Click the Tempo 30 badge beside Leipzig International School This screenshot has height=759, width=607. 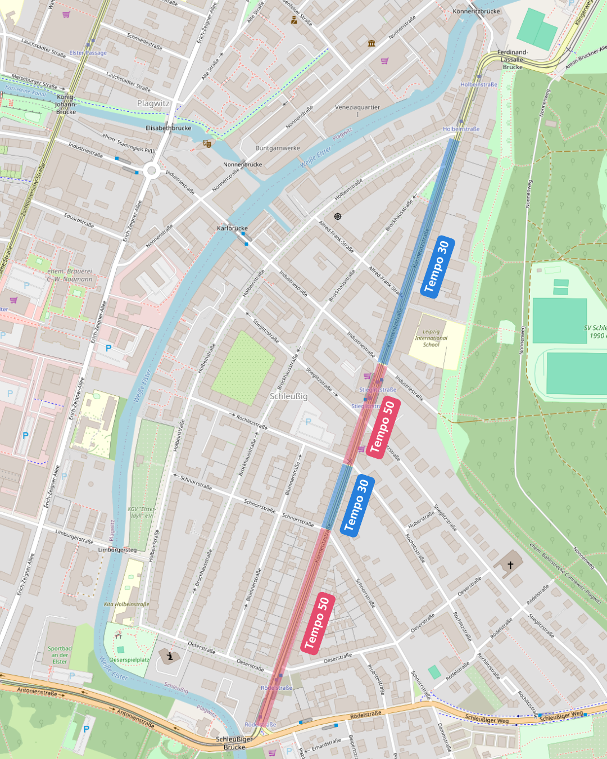(x=438, y=266)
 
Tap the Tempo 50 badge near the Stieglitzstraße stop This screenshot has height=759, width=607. (x=383, y=427)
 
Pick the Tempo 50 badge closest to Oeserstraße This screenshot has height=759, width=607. (x=319, y=623)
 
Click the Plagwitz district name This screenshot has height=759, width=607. (x=153, y=103)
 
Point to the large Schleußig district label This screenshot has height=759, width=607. (x=288, y=396)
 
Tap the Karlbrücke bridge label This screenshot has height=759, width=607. (x=232, y=228)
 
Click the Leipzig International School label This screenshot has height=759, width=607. (x=431, y=338)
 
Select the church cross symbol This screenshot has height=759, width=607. (x=510, y=564)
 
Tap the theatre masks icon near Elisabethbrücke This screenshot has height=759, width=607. (x=207, y=144)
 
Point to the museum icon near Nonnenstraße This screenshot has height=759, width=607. (x=372, y=43)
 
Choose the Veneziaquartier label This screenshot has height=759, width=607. (x=357, y=107)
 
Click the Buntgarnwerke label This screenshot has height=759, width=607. (x=278, y=148)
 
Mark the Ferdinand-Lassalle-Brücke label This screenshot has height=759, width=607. (x=513, y=60)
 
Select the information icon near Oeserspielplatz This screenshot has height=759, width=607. (x=169, y=656)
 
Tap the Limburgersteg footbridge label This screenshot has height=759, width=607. (x=117, y=550)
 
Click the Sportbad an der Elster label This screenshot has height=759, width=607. (x=60, y=655)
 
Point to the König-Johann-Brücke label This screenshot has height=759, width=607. (x=66, y=105)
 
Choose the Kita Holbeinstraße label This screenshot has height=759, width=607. (x=126, y=604)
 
